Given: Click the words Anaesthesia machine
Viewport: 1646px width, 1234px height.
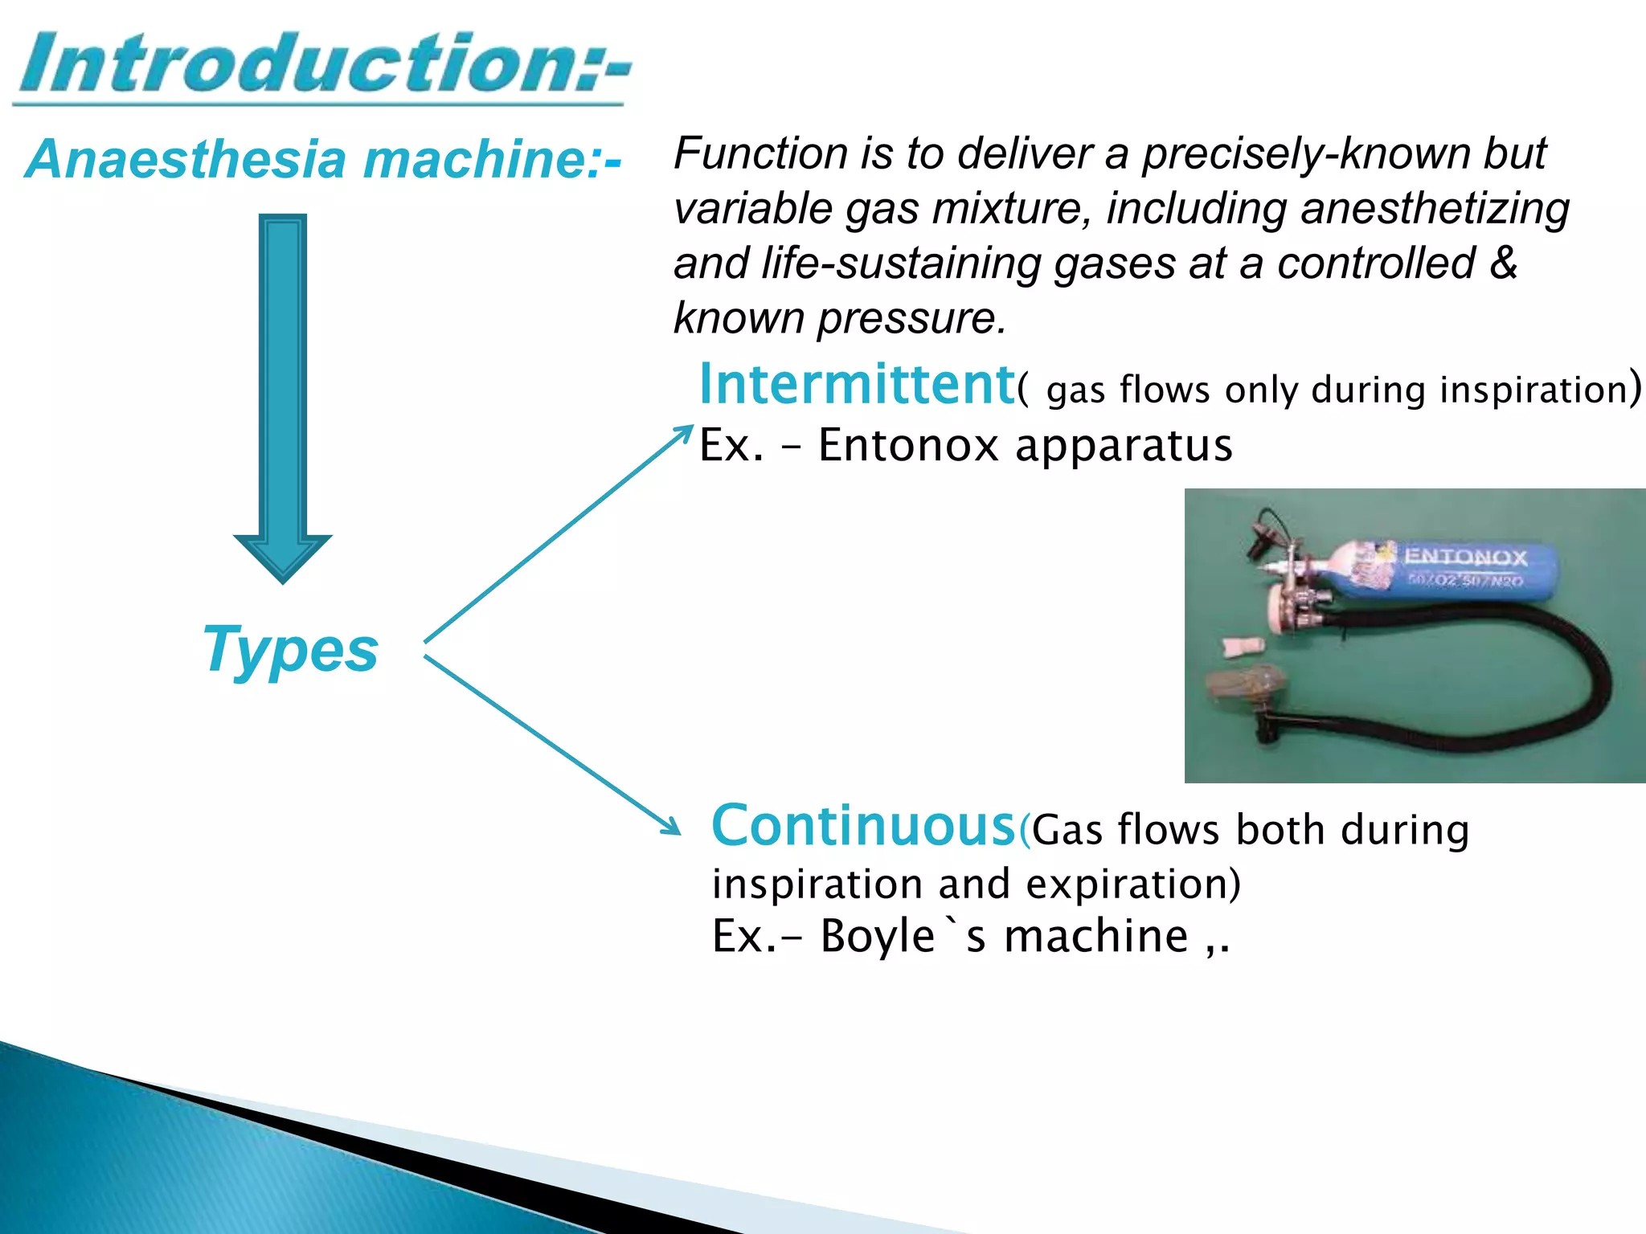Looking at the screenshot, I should click(x=321, y=159).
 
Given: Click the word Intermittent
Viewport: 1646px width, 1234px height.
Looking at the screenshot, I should click(x=857, y=385).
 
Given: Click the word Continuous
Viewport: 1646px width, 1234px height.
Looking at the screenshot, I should click(x=864, y=826).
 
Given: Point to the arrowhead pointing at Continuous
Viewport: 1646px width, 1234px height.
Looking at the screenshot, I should click(x=672, y=827).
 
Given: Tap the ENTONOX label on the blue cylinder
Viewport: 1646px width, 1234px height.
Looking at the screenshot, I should click(x=1465, y=556).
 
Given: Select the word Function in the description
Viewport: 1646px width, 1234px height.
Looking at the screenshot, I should click(x=760, y=153).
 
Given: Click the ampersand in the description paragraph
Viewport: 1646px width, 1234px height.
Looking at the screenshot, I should click(x=1502, y=264).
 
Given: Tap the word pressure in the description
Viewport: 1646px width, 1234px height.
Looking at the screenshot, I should click(x=911, y=319).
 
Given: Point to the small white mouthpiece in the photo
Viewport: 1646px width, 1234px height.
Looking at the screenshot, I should click(x=1243, y=645).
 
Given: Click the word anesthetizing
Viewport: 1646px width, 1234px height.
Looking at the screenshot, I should click(x=1435, y=209).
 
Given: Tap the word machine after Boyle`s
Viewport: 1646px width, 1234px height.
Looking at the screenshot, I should click(x=1096, y=937).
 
